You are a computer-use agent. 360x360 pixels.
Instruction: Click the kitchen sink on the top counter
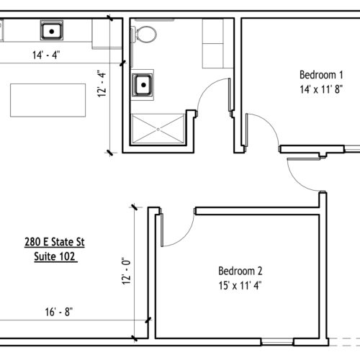[52, 30]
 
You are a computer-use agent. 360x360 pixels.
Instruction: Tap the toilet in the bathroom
[145, 35]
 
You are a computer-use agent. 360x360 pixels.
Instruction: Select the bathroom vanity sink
[143, 85]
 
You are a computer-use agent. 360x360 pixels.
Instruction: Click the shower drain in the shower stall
[158, 130]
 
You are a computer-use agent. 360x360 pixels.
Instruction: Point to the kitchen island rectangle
[48, 100]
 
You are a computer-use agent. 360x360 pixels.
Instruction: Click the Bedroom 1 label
[321, 75]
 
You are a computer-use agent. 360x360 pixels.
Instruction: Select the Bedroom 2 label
[240, 271]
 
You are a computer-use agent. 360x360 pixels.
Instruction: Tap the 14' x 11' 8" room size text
[321, 89]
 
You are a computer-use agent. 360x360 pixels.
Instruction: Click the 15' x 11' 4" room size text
[240, 286]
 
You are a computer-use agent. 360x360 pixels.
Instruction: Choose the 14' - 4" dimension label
[46, 55]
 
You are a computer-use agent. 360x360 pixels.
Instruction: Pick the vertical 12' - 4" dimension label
[102, 84]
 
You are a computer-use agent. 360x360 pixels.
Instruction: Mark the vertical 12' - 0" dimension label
[126, 271]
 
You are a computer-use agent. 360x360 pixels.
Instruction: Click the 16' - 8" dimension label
[59, 312]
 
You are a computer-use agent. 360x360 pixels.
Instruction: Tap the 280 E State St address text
[55, 242]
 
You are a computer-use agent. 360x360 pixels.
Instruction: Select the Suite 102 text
[55, 256]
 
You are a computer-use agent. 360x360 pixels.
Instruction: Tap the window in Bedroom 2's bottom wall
[277, 341]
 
